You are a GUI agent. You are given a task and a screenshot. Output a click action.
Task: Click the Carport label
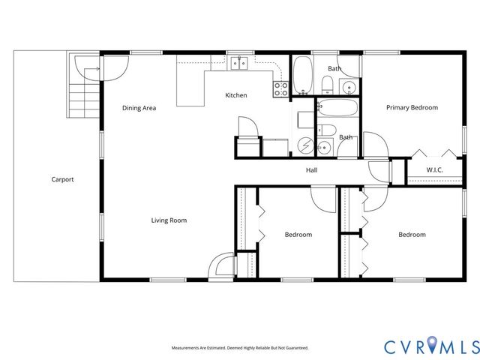pyautogui.click(x=62, y=179)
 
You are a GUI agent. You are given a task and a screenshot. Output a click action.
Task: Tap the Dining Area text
pyautogui.click(x=139, y=108)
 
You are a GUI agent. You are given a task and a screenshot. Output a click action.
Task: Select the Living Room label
pyautogui.click(x=169, y=220)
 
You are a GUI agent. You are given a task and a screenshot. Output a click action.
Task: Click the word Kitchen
pyautogui.click(x=236, y=95)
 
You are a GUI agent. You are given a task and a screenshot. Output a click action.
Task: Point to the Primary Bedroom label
pyautogui.click(x=412, y=108)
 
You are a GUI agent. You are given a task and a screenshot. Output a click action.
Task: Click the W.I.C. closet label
pyautogui.click(x=434, y=170)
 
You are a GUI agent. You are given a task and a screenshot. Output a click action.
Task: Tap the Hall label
pyautogui.click(x=311, y=170)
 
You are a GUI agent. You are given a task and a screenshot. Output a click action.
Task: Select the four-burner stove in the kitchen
pyautogui.click(x=281, y=88)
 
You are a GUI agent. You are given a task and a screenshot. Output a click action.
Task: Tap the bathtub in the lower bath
pyautogui.click(x=337, y=110)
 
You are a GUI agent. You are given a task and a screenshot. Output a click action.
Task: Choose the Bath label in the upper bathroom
pyautogui.click(x=334, y=69)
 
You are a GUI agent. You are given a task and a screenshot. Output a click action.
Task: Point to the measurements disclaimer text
pyautogui.click(x=239, y=348)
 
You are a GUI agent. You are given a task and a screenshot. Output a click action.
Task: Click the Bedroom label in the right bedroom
pyautogui.click(x=412, y=235)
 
